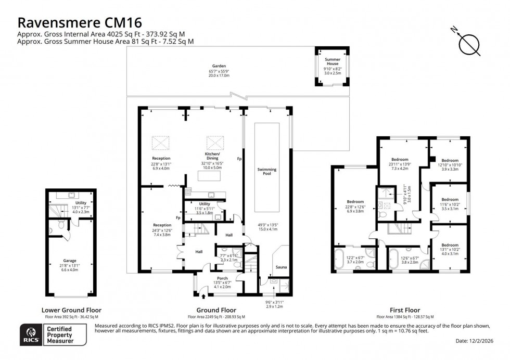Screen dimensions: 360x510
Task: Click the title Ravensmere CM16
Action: pos(80,22)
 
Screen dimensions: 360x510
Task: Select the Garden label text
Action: pos(211,66)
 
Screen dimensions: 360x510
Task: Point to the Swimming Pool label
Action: pos(267,171)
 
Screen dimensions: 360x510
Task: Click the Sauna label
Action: pos(281,267)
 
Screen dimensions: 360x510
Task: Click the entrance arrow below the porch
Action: pos(203,298)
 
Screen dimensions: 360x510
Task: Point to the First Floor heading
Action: pos(404,310)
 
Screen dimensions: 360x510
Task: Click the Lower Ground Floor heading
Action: pos(71,310)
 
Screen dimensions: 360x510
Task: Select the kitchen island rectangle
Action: pos(212,176)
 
